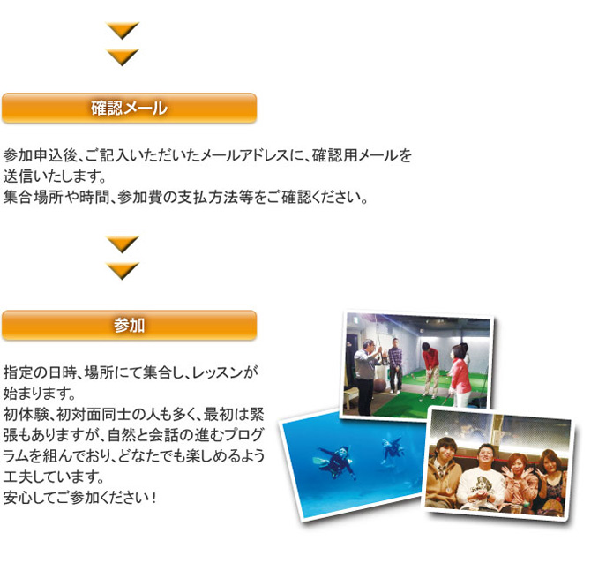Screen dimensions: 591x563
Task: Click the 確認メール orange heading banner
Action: (x=130, y=109)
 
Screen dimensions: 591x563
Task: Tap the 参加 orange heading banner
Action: (x=130, y=326)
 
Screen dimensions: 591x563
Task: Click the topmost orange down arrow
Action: (x=123, y=31)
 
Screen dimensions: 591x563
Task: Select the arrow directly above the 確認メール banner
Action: (x=123, y=57)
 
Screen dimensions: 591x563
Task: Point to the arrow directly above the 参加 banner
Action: (x=123, y=271)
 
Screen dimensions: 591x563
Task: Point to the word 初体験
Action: (x=26, y=415)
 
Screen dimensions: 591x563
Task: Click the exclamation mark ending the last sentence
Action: (x=153, y=498)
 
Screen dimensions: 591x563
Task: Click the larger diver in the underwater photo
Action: (x=333, y=462)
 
